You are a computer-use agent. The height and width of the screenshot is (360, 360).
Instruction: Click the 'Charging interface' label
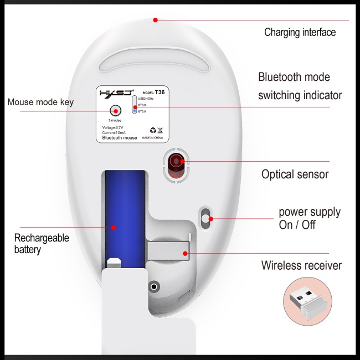pyautogui.click(x=300, y=32)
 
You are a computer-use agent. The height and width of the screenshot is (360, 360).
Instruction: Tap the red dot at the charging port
pyautogui.click(x=156, y=20)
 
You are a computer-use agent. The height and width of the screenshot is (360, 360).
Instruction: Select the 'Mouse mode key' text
pyautogui.click(x=40, y=102)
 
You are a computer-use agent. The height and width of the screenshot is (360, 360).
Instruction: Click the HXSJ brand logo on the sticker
pyautogui.click(x=116, y=93)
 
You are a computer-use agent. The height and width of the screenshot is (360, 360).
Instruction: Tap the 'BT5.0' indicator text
pyautogui.click(x=142, y=111)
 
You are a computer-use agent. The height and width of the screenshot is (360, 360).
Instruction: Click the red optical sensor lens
pyautogui.click(x=177, y=163)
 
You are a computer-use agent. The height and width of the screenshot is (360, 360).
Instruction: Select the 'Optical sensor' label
pyautogui.click(x=295, y=174)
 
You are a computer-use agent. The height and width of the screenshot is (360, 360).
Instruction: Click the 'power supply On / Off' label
pyautogui.click(x=309, y=219)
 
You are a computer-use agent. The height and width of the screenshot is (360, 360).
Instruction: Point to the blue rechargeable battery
pyautogui.click(x=125, y=213)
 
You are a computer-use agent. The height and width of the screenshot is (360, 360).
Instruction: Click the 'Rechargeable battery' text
pyautogui.click(x=42, y=244)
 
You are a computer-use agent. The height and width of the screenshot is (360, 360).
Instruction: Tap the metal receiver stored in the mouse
pyautogui.click(x=169, y=254)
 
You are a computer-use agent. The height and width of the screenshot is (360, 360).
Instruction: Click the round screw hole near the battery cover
pyautogui.click(x=154, y=286)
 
